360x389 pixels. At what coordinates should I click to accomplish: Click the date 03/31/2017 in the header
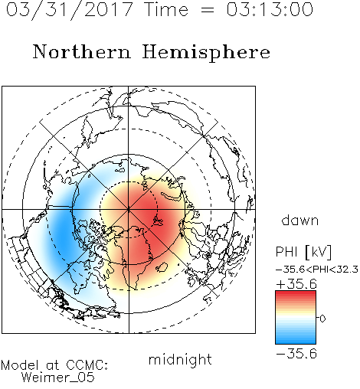coord(70,10)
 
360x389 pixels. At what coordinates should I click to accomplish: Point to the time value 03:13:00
coord(270,9)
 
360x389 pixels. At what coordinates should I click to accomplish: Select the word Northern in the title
coord(82,51)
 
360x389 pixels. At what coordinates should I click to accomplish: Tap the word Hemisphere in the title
coord(206,53)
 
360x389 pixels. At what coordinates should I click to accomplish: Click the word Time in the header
coord(166,9)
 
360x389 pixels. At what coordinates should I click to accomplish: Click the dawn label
coord(300,220)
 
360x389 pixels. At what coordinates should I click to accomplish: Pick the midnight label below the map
coord(180,359)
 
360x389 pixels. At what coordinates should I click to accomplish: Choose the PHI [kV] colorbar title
coord(303,252)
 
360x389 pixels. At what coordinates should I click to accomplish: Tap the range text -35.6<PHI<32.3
coord(317,270)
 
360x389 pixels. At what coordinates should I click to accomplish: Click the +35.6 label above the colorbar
coord(296,284)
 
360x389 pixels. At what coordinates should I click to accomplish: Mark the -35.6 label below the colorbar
coord(296,354)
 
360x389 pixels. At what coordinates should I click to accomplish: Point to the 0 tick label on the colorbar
coord(322,319)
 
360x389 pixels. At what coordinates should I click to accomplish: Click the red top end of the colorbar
coord(296,293)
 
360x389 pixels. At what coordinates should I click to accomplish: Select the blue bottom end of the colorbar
coord(296,342)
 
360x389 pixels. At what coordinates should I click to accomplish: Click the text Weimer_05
coord(58,378)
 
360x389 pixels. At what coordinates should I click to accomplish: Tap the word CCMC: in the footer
coord(87,365)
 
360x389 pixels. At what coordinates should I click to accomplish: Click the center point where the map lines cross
coord(129,210)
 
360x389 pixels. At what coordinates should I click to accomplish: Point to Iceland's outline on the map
coord(162,267)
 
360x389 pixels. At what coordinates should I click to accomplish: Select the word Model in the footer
coord(20,365)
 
